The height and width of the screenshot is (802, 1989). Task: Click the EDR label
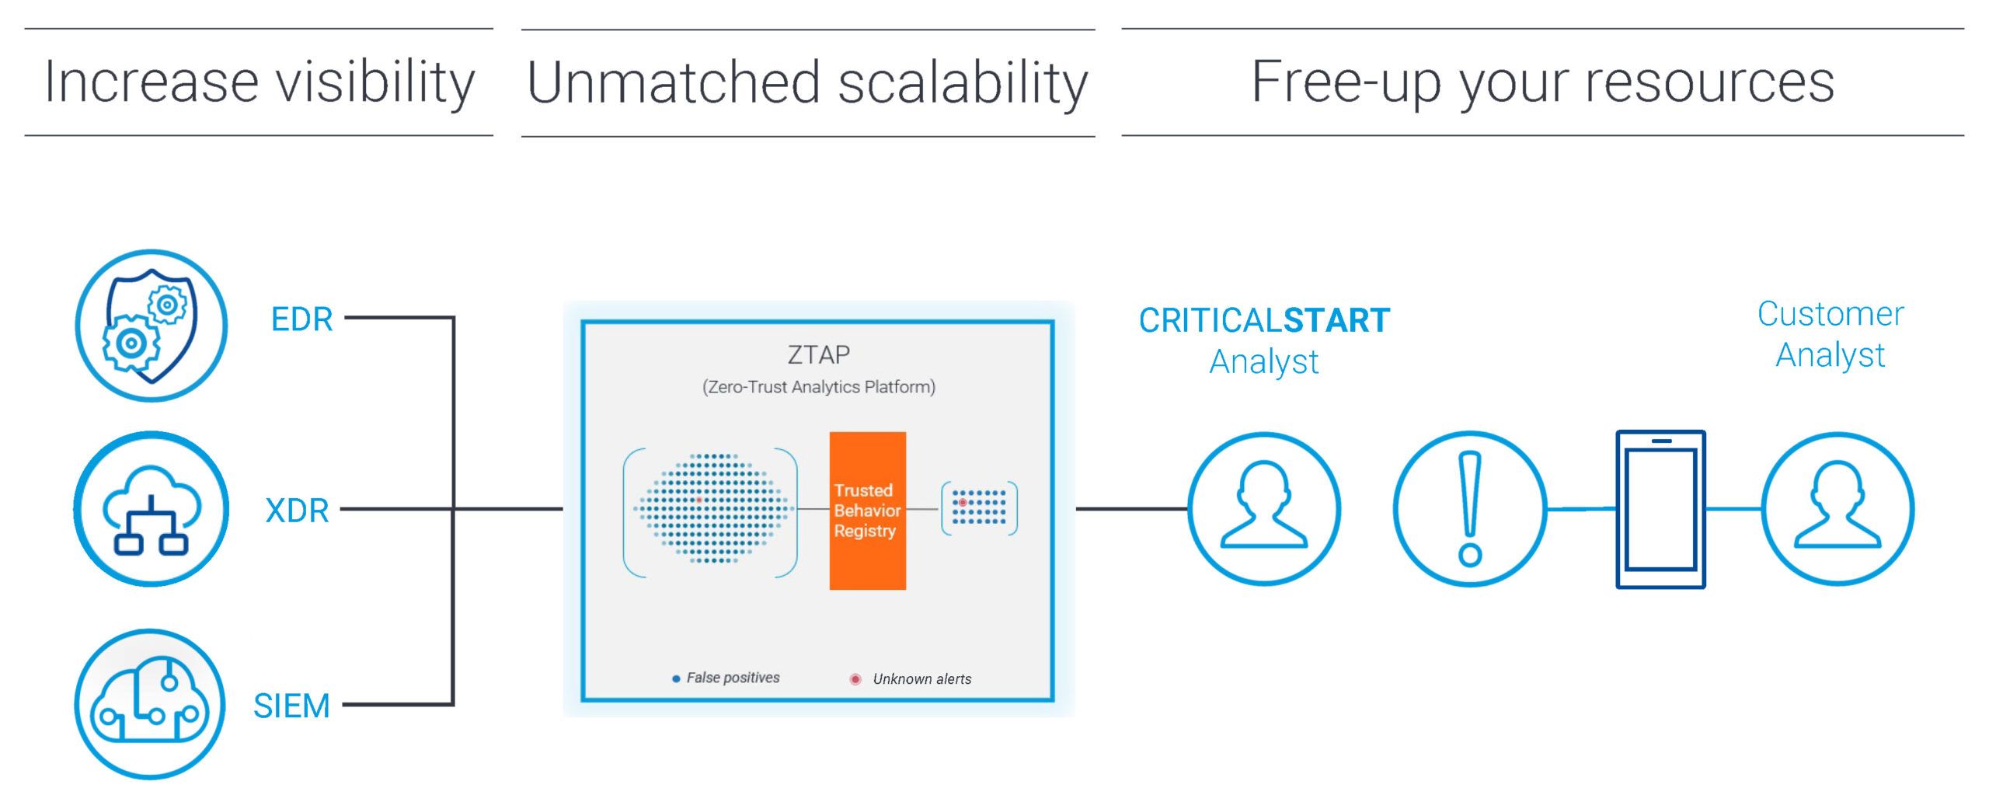point(301,319)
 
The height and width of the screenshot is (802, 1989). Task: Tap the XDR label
point(297,511)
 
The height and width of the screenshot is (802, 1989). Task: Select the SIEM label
point(291,706)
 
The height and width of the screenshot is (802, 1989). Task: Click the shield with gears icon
point(152,326)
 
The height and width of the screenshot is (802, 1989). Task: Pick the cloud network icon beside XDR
point(152,509)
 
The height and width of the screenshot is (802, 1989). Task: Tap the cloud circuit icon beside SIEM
point(150,704)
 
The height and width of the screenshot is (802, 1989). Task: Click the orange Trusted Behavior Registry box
point(867,511)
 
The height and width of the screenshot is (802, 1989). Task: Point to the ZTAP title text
point(818,354)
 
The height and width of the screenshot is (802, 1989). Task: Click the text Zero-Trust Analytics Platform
point(819,387)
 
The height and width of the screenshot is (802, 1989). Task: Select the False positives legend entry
point(726,678)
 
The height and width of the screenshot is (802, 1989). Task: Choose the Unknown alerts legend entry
point(911,679)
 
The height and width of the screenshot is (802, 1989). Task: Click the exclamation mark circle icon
point(1470,509)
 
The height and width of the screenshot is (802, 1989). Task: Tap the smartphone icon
point(1660,509)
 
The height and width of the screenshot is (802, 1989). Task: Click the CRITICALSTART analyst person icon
point(1264,509)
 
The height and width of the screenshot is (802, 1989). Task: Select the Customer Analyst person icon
point(1838,509)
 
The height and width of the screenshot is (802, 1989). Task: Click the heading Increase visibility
point(260,82)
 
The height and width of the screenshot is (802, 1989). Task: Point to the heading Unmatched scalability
point(807,83)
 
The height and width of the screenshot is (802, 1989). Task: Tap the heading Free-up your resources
point(1542,82)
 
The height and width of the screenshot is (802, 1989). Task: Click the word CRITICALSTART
point(1264,320)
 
